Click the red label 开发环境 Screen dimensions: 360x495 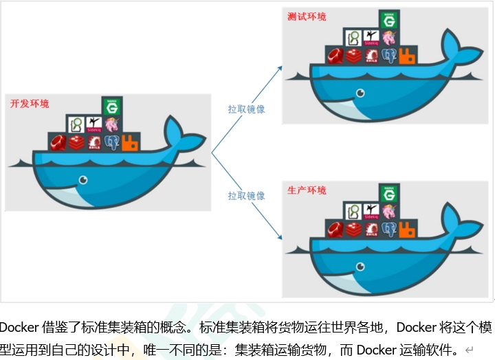(x=29, y=104)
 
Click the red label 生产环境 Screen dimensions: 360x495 (x=307, y=190)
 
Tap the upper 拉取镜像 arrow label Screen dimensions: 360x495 (x=247, y=109)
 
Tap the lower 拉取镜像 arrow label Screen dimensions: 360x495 (x=247, y=196)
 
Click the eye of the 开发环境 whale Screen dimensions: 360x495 (x=83, y=180)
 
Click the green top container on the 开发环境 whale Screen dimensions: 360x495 (x=111, y=106)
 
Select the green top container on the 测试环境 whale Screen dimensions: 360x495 (x=389, y=20)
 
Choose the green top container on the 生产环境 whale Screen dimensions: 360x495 (x=389, y=194)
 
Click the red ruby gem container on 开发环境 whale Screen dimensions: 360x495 (x=57, y=143)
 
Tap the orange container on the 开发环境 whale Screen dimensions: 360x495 (x=131, y=143)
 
